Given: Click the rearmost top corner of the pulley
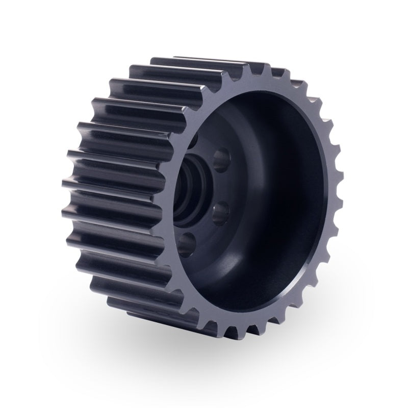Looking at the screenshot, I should click(176, 57).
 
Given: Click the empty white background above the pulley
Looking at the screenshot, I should click(204, 25).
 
